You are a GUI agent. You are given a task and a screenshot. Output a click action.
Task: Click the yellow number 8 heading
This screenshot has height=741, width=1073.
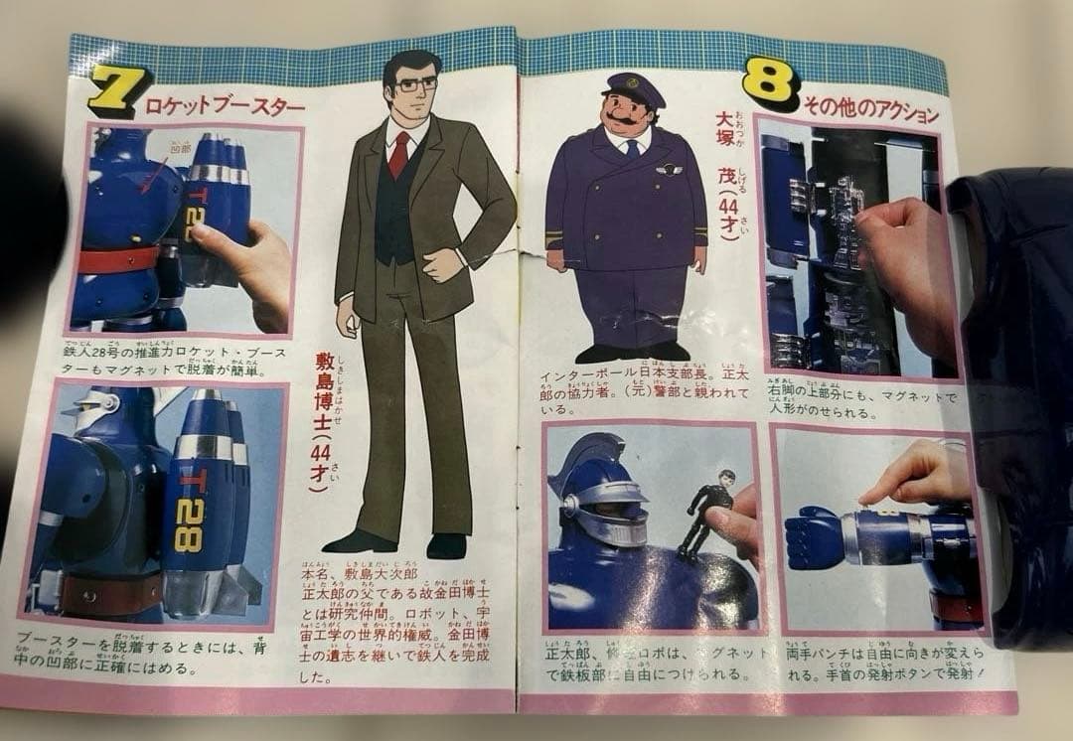(771, 86)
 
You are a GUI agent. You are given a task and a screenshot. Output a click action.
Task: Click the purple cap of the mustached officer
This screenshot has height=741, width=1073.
(634, 87)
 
